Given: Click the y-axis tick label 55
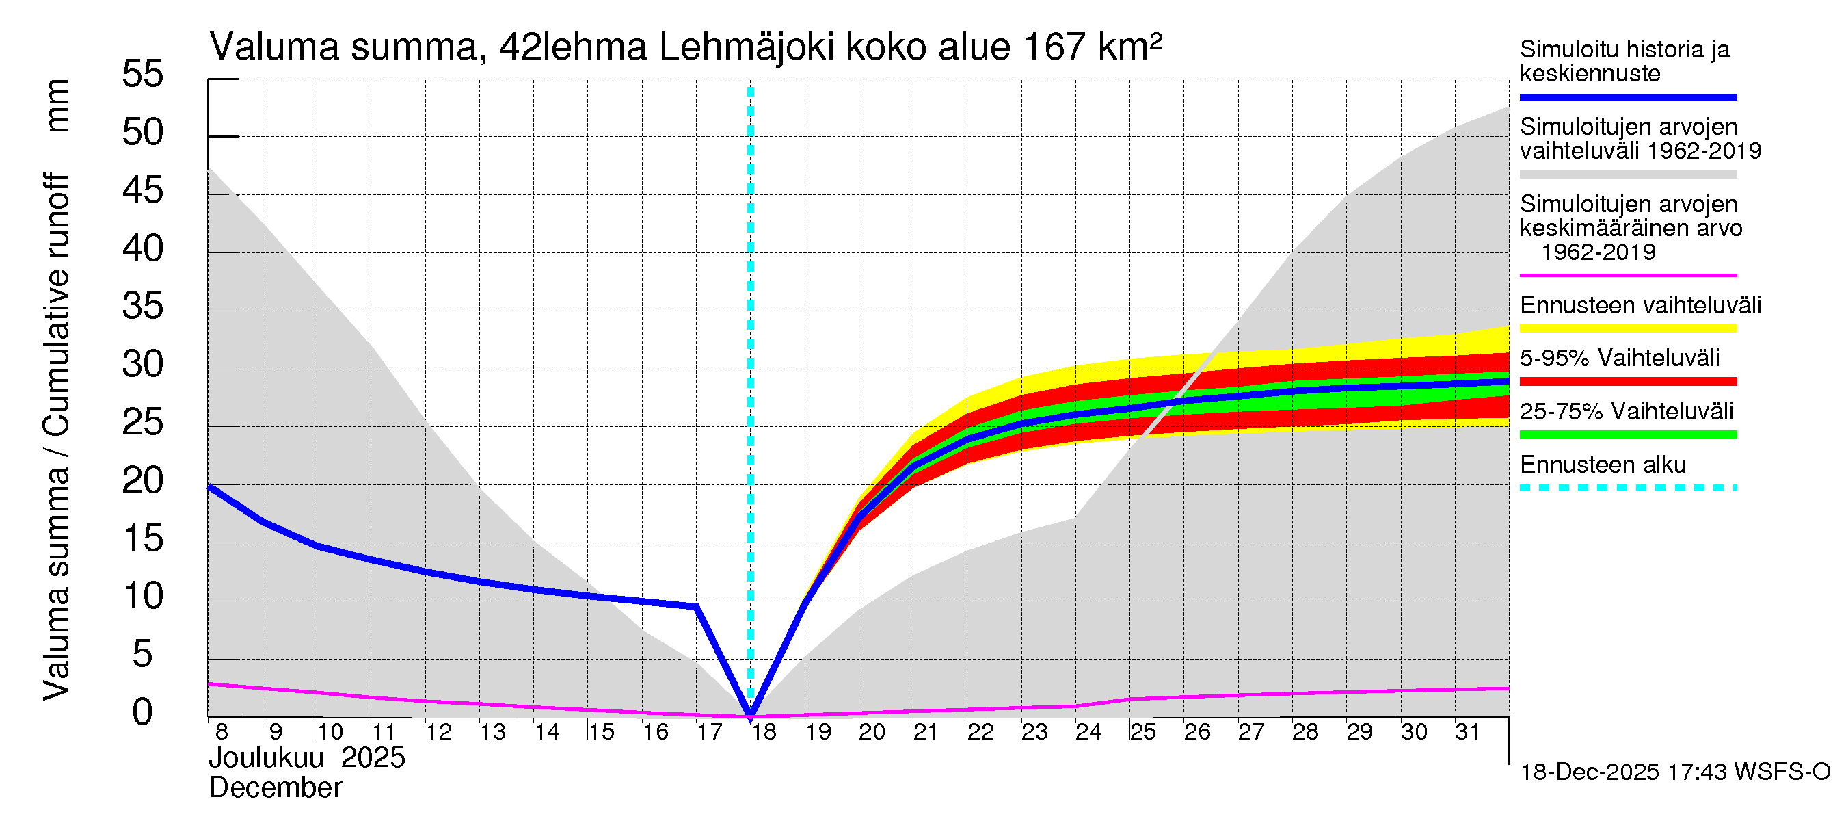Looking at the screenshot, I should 143,74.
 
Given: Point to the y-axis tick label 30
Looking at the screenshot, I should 143,364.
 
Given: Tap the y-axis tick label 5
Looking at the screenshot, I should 143,654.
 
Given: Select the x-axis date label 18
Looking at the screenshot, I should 764,731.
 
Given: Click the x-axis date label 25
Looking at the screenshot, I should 1143,731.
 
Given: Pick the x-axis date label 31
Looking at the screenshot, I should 1468,731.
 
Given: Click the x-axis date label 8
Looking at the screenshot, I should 222,731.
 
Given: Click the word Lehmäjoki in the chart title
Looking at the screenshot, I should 746,47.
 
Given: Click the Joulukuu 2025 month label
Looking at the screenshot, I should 307,757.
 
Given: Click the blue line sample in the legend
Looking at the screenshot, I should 1628,96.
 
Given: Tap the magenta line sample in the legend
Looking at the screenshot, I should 1628,275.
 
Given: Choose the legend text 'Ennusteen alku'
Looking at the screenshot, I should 1603,465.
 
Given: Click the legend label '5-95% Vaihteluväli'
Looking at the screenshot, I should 1620,358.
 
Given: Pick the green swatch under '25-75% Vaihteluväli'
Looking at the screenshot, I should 1628,434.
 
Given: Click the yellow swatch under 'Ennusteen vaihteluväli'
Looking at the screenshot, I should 1628,328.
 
